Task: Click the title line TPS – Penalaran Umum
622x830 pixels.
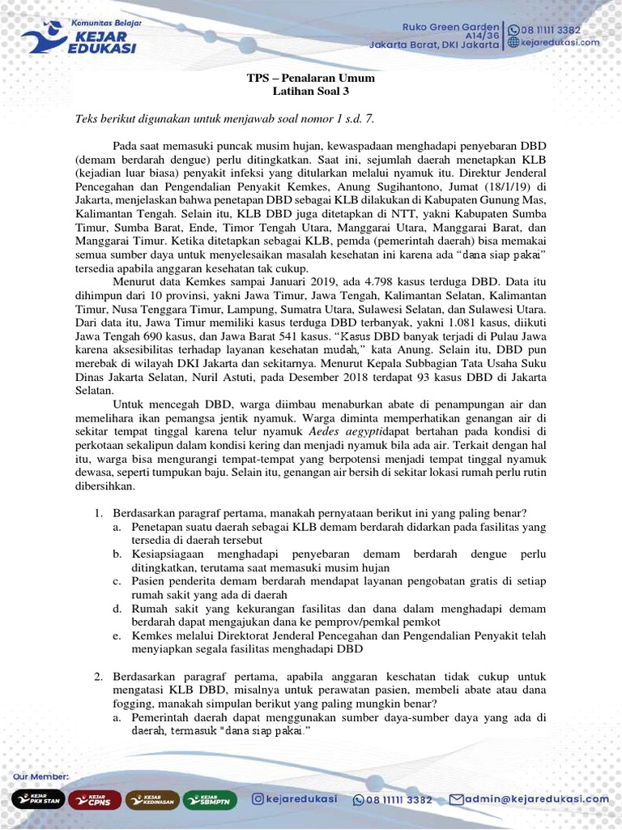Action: point(311,79)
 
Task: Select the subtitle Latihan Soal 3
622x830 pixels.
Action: point(311,92)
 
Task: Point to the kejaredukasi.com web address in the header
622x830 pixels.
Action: point(560,42)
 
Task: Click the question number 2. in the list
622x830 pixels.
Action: point(97,676)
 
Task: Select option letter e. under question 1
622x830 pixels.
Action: point(117,635)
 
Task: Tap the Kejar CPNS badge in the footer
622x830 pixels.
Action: point(94,800)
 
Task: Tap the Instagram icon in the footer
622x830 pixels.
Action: point(258,799)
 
